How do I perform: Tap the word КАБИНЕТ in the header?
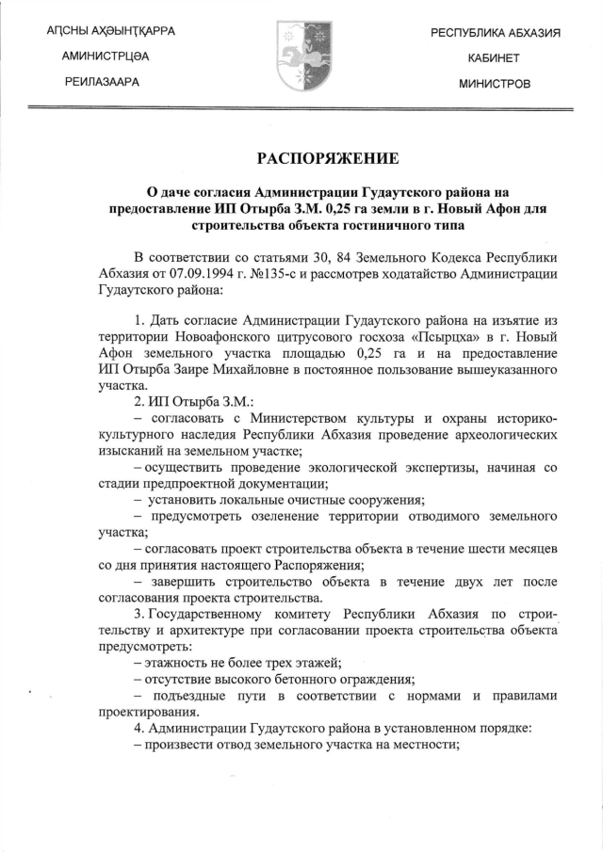point(494,58)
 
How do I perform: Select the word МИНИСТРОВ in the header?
point(494,84)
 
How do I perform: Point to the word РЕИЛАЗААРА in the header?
point(102,83)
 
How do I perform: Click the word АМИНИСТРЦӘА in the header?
point(106,57)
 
